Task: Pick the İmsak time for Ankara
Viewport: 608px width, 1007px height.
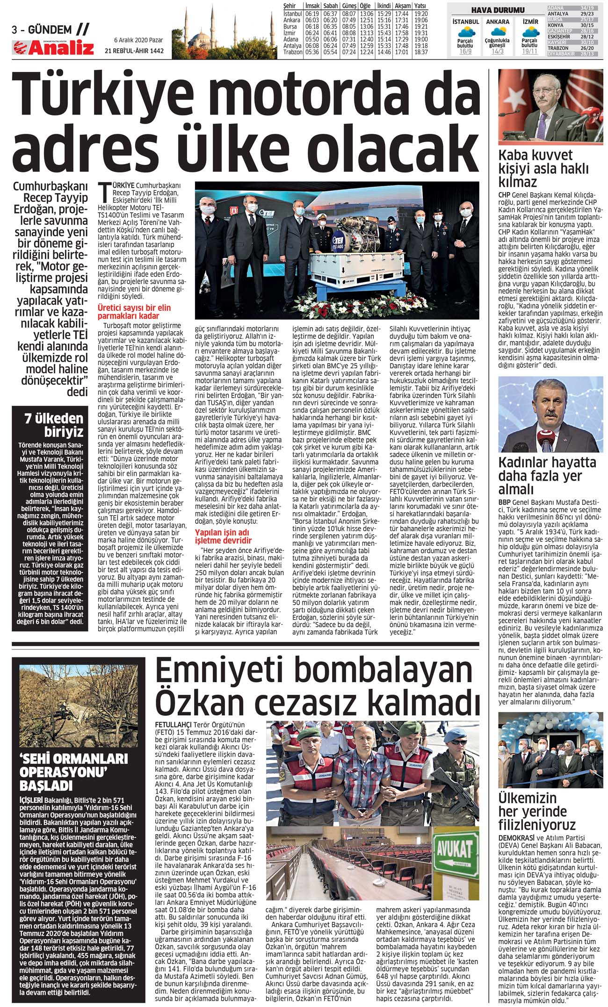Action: (x=311, y=20)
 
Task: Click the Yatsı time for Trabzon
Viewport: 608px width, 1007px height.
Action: (x=421, y=52)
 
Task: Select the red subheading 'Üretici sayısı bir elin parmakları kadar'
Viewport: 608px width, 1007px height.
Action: (x=134, y=312)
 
